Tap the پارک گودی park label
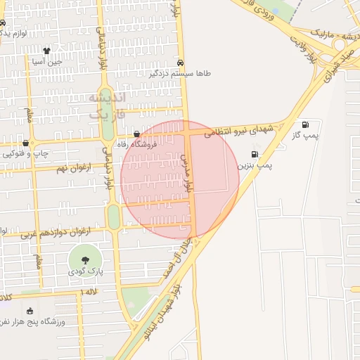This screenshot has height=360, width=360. coord(85,271)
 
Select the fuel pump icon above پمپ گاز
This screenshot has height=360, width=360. coord(304,124)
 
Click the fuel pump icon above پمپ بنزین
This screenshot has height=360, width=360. coord(254,154)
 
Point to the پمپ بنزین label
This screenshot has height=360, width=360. coord(254,165)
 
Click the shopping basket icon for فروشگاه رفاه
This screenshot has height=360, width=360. coord(136,133)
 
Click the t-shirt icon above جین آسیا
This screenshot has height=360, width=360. coord(46,51)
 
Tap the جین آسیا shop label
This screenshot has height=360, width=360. coord(46,62)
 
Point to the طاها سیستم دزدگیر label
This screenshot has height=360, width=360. coord(181,73)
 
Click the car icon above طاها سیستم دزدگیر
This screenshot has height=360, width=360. coord(181,62)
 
